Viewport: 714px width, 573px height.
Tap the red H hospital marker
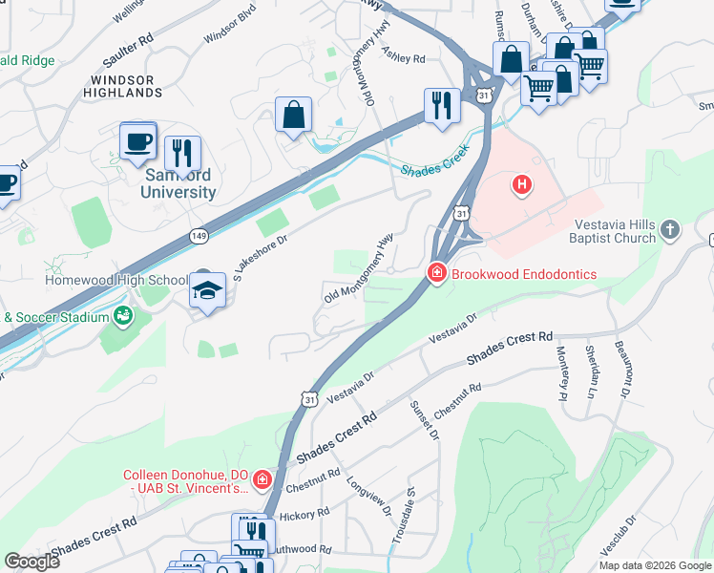(521, 184)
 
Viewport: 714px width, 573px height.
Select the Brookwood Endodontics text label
(524, 274)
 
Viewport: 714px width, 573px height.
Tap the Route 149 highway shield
(199, 235)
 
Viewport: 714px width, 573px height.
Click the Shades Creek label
(435, 163)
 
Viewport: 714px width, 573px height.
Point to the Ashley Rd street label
(403, 52)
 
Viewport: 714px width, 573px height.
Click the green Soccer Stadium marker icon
(122, 315)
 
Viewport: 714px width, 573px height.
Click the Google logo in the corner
(32, 561)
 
